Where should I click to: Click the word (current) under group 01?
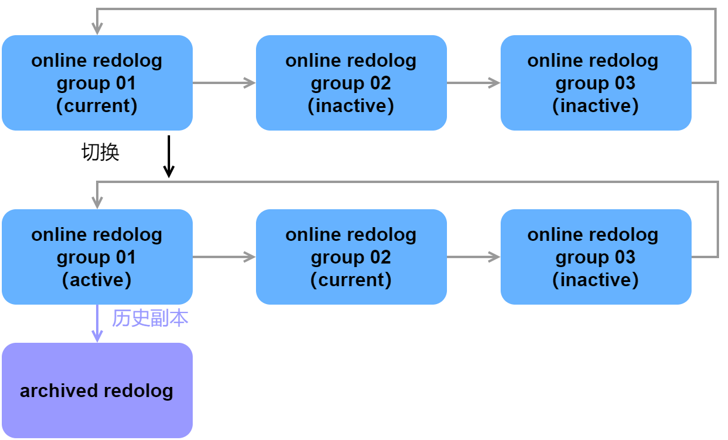pos(97,106)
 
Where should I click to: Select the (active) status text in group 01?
pos(97,280)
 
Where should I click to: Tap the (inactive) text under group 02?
pos(351,106)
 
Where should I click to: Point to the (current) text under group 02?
pos(351,280)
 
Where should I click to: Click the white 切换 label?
pos(101,153)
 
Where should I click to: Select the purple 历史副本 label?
pos(150,319)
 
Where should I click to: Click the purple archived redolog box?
pos(97,391)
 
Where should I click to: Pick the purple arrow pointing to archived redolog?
pos(97,325)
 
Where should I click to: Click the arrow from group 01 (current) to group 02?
pos(224,83)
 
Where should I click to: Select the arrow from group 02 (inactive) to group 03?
pos(474,83)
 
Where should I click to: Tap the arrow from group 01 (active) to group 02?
pos(224,257)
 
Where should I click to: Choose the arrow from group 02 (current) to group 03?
pos(474,257)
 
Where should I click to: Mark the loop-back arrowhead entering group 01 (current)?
pos(97,29)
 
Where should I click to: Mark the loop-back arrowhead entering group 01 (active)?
pos(97,203)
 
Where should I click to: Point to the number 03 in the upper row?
pos(625,83)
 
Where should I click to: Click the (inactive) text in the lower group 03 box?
pos(596,280)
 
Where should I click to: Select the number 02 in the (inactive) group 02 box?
pos(380,83)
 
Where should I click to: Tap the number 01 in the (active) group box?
pos(126,258)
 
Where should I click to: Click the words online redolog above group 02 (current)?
pos(351,235)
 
